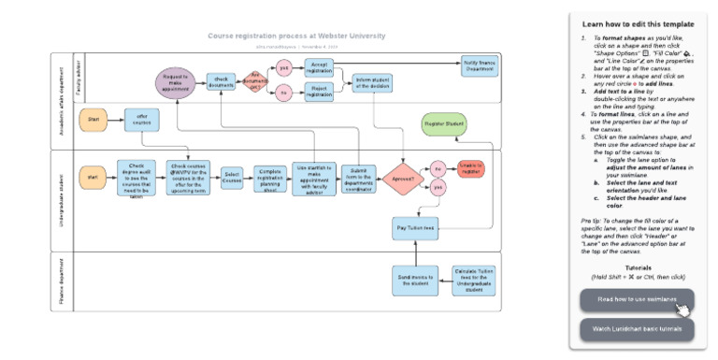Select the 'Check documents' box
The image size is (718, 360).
pyautogui.click(x=221, y=81)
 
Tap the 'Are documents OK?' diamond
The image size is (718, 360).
pyautogui.click(x=253, y=80)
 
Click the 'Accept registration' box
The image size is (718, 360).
pyautogui.click(x=319, y=67)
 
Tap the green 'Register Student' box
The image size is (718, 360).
pyautogui.click(x=445, y=124)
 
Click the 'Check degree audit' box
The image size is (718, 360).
pyautogui.click(x=136, y=178)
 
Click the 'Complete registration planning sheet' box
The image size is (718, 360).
pyautogui.click(x=269, y=178)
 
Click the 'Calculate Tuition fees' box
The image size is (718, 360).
pyautogui.click(x=473, y=281)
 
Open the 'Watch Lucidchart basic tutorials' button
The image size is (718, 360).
pyautogui.click(x=636, y=329)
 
